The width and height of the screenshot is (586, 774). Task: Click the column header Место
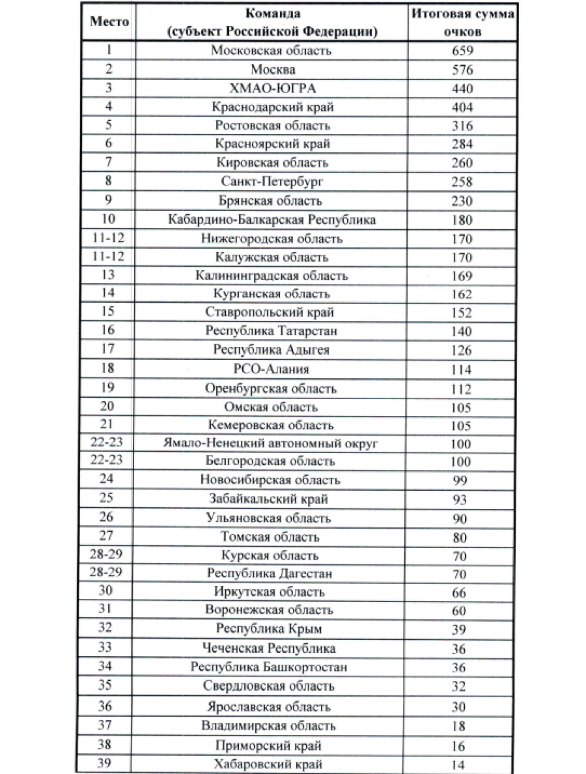(109, 21)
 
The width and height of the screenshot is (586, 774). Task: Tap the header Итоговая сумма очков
(462, 21)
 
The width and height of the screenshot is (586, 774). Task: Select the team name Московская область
(272, 51)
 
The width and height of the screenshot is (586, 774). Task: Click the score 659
(462, 51)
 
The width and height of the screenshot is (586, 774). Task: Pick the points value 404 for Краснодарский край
(462, 107)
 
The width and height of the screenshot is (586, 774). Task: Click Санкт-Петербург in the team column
(272, 182)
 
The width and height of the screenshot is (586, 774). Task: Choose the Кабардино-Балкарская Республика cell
(272, 219)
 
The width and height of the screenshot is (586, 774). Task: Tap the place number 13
(109, 275)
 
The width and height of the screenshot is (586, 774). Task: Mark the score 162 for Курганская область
(462, 294)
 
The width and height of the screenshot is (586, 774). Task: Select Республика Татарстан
(272, 331)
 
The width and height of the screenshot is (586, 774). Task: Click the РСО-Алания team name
(272, 369)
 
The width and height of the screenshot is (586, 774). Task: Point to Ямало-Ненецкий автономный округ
(272, 444)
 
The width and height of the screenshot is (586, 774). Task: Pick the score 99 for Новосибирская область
(462, 482)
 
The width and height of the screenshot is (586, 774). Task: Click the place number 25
(109, 499)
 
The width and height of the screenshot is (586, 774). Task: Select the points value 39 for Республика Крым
(462, 630)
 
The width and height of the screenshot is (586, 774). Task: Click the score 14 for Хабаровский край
(462, 766)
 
